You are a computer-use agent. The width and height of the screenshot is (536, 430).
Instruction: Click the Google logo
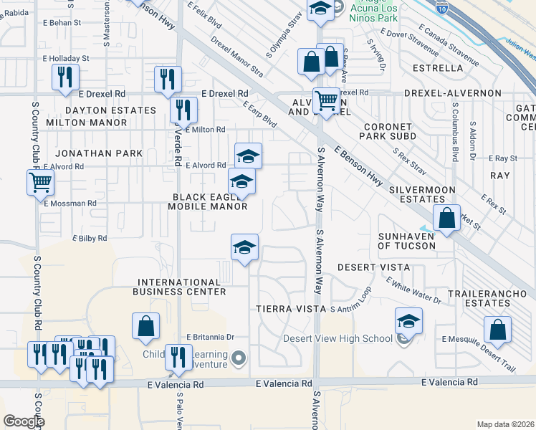[23, 421]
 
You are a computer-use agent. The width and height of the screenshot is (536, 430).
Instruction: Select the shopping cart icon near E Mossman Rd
[40, 182]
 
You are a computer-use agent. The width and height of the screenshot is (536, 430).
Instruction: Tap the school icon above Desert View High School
[408, 320]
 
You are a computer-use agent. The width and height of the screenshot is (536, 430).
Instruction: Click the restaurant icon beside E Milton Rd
[183, 110]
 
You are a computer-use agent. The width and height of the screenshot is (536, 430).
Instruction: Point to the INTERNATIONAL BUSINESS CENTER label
[180, 287]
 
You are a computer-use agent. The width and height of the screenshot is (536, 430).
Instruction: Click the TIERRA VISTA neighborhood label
[287, 308]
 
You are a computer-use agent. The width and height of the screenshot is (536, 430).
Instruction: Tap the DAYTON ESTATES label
[110, 110]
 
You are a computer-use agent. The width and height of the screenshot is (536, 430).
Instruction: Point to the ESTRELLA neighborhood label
[439, 68]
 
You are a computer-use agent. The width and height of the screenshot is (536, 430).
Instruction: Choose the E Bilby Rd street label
[90, 238]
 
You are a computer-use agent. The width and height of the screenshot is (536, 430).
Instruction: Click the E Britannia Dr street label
[211, 337]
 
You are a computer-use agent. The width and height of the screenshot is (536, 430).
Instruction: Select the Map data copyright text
[504, 424]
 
